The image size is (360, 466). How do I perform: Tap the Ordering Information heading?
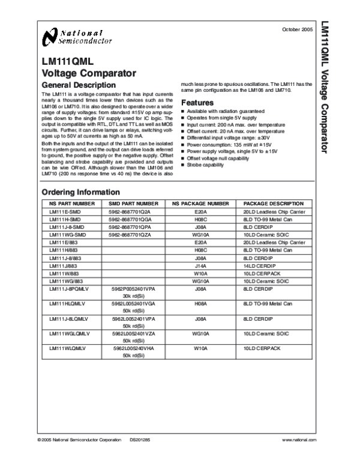[x=80, y=192]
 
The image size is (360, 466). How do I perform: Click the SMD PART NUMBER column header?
[x=135, y=204]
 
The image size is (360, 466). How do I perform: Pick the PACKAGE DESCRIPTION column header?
[x=274, y=204]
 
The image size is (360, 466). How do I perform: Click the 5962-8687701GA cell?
[x=134, y=220]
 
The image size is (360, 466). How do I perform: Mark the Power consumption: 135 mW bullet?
[x=225, y=145]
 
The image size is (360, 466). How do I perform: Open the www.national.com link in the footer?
[x=298, y=441]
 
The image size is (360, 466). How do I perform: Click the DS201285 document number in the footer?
[x=140, y=441]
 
